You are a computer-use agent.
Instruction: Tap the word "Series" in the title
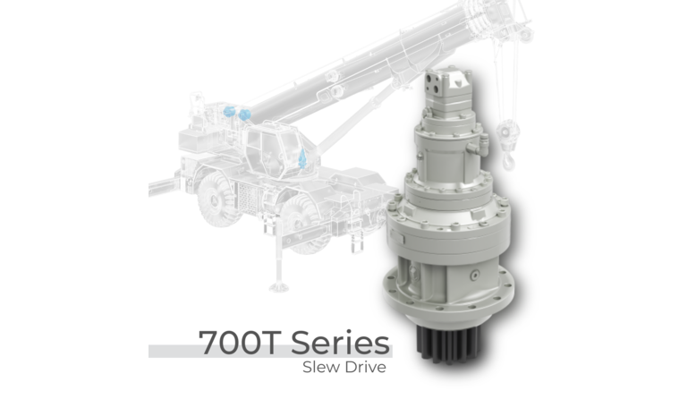[x=341, y=342]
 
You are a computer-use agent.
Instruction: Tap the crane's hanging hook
[x=509, y=160]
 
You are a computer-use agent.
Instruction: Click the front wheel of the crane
[x=218, y=199]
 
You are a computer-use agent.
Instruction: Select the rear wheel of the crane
[x=303, y=225]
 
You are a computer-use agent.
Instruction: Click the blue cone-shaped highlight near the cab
[x=302, y=158]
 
